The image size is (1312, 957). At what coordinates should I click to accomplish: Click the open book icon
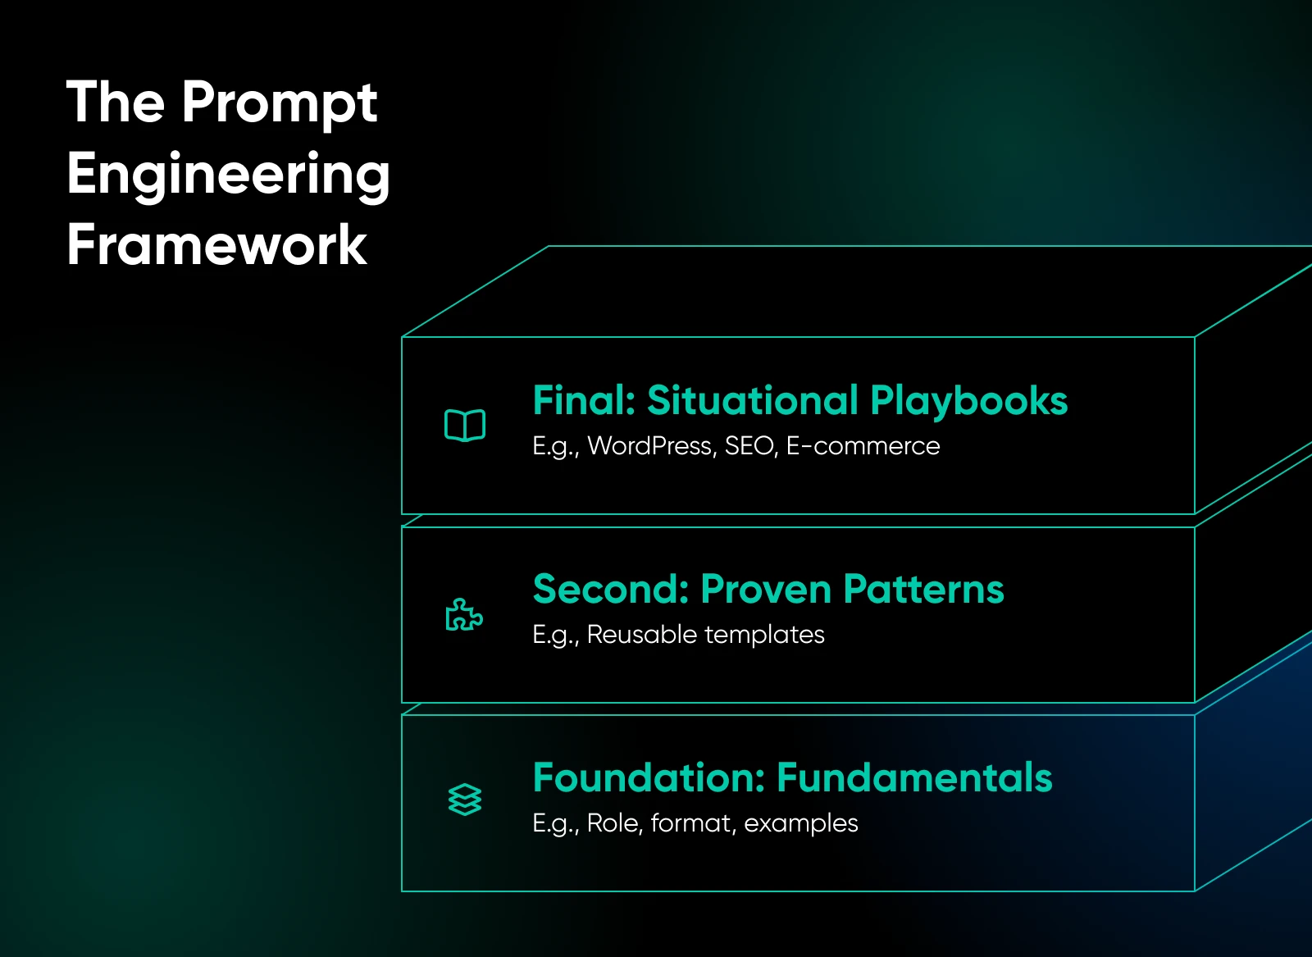coord(465,425)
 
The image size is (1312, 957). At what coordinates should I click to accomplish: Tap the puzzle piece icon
coord(464,615)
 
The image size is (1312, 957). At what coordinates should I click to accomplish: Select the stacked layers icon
coord(465,800)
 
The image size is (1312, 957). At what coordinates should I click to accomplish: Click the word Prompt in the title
coord(279,103)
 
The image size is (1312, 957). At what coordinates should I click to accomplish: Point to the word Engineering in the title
coord(228,175)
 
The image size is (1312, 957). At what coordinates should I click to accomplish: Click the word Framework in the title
coord(216,245)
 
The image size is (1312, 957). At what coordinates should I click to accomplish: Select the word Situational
coord(752,401)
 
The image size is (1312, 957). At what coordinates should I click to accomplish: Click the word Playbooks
coord(968,401)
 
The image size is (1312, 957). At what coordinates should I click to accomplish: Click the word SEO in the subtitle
coord(750,446)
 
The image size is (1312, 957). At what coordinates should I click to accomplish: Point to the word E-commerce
coord(863,446)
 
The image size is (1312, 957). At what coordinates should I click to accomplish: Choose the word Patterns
coord(923,590)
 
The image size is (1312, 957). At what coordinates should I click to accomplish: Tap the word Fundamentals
coord(914,778)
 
